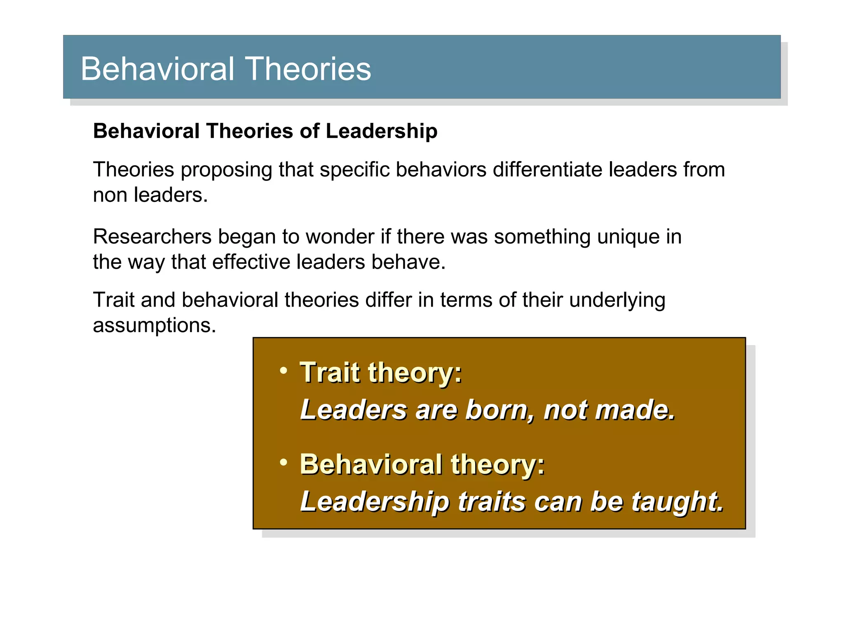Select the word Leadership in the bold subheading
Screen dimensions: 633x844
(x=381, y=131)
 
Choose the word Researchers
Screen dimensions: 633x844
(x=152, y=237)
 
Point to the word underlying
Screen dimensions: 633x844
(x=617, y=300)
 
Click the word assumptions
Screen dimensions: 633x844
(x=154, y=325)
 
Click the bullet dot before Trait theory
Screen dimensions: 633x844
(x=284, y=370)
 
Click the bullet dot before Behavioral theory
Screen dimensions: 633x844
(x=284, y=462)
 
